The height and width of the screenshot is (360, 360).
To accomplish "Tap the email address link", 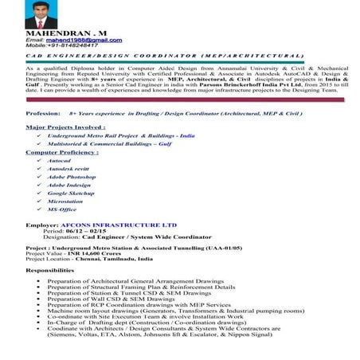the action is (x=80, y=39).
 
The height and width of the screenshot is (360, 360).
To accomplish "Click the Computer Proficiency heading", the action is (x=62, y=151).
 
